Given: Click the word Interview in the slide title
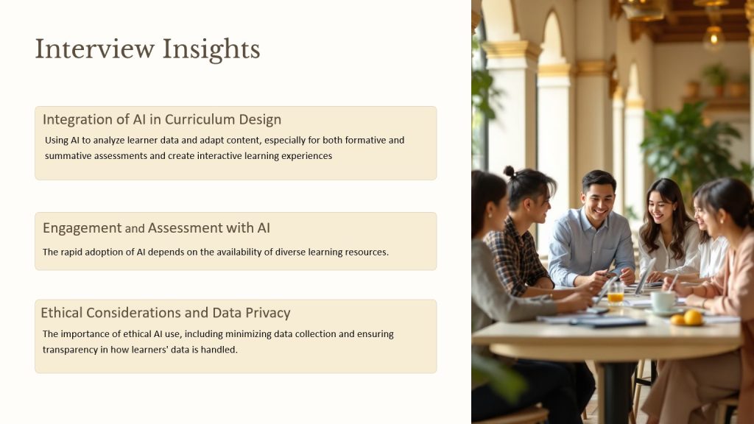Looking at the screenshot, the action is point(95,49).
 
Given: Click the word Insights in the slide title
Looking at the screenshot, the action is point(211,50).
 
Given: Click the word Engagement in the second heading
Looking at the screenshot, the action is point(82,228).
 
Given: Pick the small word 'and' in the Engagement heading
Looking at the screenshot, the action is point(135,229).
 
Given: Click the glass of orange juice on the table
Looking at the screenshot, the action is point(616,292).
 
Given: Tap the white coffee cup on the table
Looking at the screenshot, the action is point(663,301).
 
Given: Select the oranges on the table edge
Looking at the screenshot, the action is point(688,318).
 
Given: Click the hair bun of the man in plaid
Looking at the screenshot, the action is point(510,171).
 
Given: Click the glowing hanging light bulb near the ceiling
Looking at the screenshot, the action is point(714,37).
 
